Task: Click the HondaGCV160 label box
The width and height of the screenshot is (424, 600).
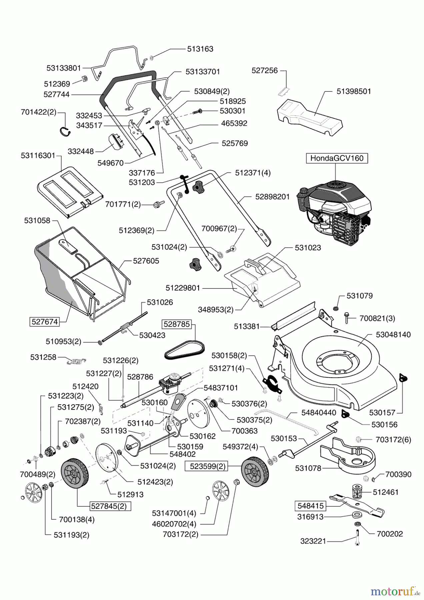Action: click(337, 158)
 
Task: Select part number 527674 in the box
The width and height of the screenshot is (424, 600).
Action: click(44, 322)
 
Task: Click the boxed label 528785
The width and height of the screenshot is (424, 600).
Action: click(176, 324)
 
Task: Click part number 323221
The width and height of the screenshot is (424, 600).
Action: click(313, 541)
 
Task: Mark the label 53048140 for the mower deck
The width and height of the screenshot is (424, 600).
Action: click(393, 334)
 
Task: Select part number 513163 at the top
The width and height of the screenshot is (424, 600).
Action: click(200, 49)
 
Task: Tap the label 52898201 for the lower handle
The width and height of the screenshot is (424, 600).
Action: click(272, 197)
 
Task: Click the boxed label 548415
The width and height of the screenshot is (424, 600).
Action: click(310, 506)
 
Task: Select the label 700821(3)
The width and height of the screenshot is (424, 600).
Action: click(377, 318)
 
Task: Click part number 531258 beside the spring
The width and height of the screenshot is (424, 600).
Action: click(43, 357)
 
